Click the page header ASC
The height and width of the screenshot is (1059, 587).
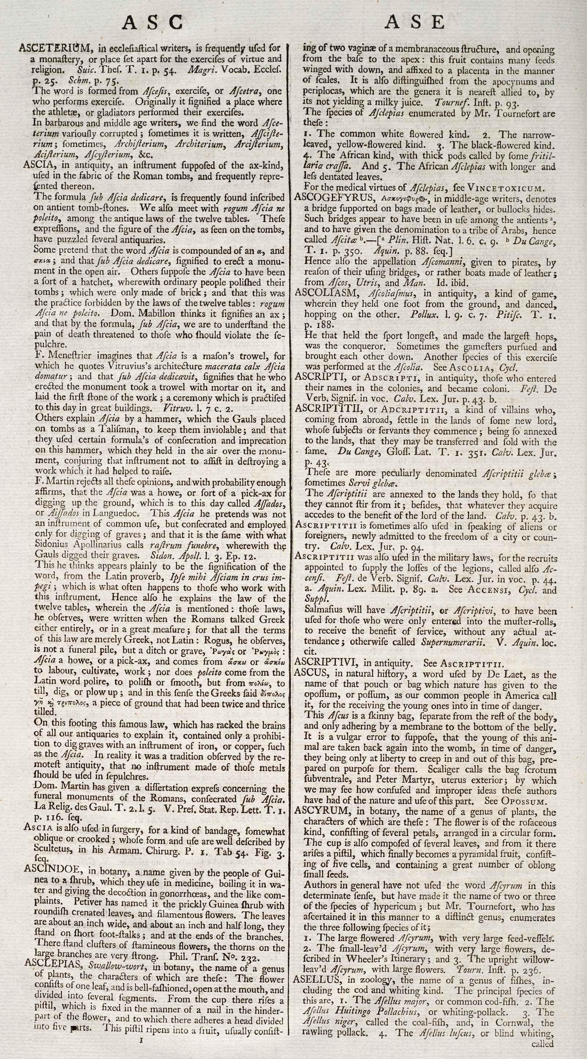click(153, 23)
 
